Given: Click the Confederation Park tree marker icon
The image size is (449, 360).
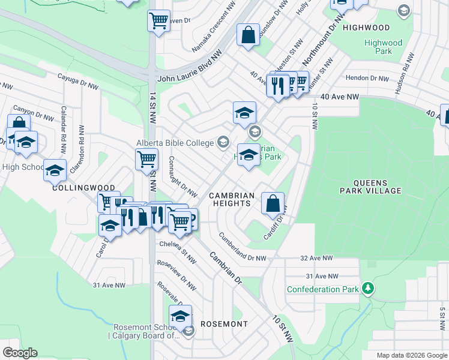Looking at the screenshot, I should (368, 289).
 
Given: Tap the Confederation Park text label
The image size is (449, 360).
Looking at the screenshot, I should (322, 289).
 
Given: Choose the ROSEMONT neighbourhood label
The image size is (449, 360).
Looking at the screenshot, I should (224, 324).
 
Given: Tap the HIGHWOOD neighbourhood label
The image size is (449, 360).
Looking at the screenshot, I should (366, 28).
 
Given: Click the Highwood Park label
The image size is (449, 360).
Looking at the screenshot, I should (383, 47).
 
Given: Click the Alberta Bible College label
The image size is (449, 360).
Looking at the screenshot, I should (175, 143).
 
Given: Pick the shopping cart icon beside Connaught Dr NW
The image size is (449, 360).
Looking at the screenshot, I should (146, 160).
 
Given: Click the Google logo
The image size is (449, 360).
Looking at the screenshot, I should (20, 353).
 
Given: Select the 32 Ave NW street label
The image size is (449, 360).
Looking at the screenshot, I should (316, 258).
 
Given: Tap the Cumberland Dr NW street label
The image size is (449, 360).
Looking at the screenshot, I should (241, 247).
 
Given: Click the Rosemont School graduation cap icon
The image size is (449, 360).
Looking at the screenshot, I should (180, 315).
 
